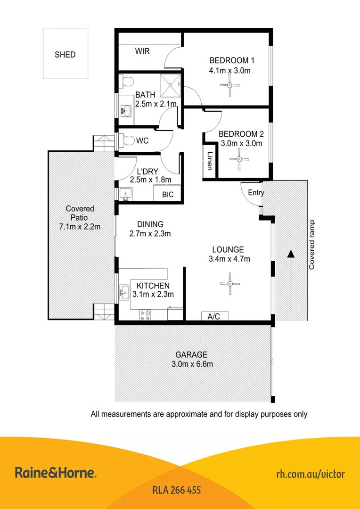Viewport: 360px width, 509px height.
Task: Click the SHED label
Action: tap(65, 55)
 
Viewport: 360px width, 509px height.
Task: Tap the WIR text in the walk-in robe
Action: tap(142, 51)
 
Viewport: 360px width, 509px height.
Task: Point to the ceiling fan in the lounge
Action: tap(229, 283)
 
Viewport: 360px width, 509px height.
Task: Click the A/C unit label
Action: tap(214, 316)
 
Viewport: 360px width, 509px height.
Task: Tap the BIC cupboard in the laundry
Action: tap(168, 194)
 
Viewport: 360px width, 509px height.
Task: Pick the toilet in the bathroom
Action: tap(124, 83)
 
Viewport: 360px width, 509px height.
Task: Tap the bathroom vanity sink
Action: tap(125, 110)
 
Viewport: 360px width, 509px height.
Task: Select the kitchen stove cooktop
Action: tap(145, 315)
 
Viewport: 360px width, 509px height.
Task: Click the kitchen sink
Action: tap(124, 293)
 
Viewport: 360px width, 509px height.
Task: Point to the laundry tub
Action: tap(125, 193)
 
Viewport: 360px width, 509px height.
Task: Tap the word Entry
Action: tap(256, 193)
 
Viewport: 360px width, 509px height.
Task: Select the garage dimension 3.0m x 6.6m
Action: tap(191, 364)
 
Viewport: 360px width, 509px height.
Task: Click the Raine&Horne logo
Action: tap(56, 473)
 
